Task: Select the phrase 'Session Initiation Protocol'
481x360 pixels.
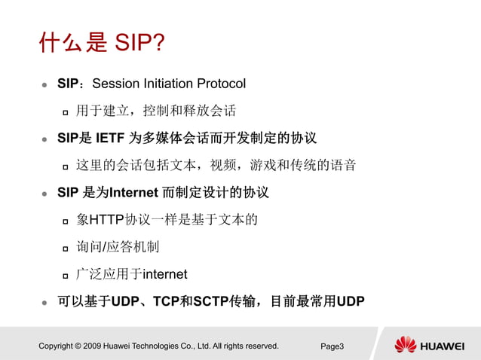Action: pos(168,83)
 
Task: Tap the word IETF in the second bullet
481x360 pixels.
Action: pos(110,138)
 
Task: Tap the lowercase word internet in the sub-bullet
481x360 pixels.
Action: pos(164,274)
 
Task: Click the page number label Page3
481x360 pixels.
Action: pos(332,346)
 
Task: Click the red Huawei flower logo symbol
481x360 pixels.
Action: pos(405,345)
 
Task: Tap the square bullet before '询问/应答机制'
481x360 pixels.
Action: pos(66,248)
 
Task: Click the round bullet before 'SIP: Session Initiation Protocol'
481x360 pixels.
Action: pos(44,84)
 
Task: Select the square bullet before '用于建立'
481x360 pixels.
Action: pos(66,111)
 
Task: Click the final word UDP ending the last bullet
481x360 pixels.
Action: pos(351,302)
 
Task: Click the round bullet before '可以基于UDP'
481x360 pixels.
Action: pos(44,303)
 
